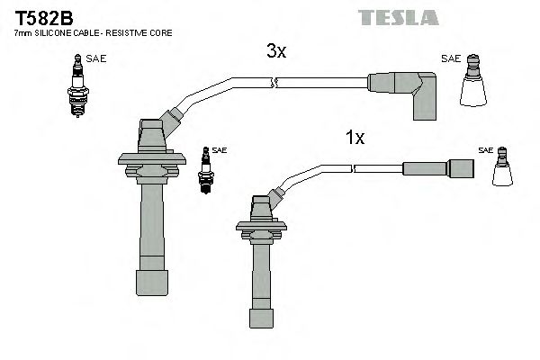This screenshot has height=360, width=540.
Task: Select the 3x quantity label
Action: click(276, 52)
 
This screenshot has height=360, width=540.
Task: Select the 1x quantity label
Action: click(355, 138)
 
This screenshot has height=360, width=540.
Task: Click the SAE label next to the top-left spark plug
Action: click(96, 58)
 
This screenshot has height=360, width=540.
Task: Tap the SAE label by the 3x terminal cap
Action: click(450, 58)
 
